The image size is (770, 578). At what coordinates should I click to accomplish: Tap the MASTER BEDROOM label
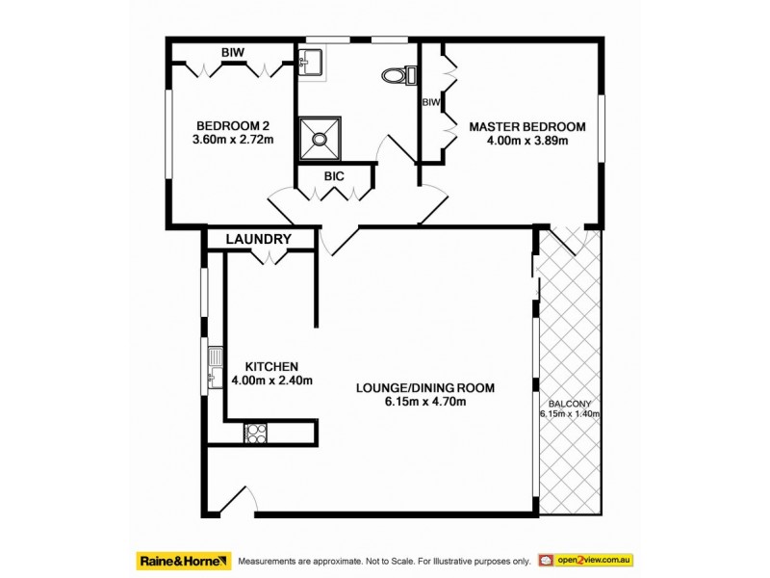coord(526,126)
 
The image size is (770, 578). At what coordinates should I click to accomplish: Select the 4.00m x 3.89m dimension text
coord(526,141)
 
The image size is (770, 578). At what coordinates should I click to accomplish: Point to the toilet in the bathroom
coord(396,73)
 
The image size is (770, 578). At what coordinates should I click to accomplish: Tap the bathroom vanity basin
coord(312,64)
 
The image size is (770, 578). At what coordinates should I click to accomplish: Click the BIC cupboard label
coord(334,176)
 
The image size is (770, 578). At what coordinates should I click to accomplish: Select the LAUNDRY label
coord(258,239)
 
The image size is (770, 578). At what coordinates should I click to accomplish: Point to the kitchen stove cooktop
coord(256,433)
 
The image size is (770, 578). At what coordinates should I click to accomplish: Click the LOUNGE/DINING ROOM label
coord(424,388)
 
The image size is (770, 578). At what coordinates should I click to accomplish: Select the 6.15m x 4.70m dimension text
coord(424,402)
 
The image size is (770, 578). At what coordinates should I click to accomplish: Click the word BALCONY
coord(570,404)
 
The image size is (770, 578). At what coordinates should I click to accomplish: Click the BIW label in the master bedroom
coord(430,101)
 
